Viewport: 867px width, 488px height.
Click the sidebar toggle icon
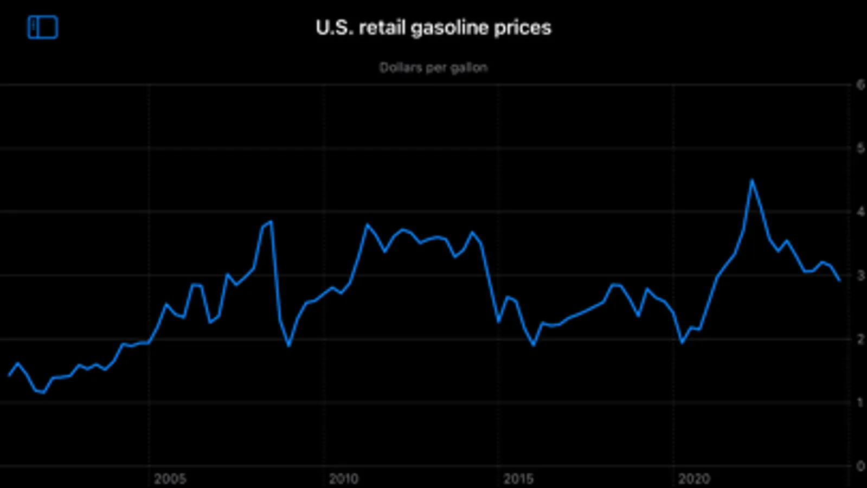43,27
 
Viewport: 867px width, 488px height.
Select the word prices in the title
522,28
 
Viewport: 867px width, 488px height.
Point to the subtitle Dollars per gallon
433,68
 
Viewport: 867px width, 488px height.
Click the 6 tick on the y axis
860,85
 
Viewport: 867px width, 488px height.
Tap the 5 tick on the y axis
860,148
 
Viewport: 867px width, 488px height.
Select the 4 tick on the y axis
860,211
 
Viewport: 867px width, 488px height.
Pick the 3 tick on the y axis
860,275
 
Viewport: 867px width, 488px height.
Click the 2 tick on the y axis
860,339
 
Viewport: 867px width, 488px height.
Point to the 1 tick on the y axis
860,402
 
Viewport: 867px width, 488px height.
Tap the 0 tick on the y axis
860,466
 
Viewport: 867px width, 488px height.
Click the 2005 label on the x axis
170,479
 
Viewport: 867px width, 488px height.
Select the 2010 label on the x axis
344,479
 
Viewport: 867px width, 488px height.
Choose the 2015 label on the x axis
518,479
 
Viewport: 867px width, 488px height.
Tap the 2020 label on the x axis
693,479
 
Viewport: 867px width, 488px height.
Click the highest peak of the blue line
752,180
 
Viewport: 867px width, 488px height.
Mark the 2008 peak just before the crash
271,221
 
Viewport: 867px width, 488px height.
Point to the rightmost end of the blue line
839,280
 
